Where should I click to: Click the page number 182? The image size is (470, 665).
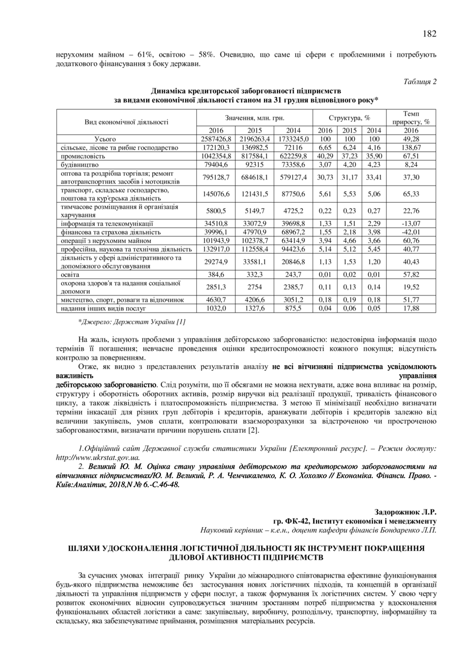(429, 34)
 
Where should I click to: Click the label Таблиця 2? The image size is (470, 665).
(420, 82)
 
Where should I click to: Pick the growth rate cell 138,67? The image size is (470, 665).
(411, 147)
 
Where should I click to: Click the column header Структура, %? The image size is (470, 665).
(349, 117)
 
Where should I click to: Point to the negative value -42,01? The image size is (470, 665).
(411, 232)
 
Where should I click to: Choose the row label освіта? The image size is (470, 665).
(70, 274)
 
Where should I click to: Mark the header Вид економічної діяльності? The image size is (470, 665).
(126, 122)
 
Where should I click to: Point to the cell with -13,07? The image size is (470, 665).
(411, 224)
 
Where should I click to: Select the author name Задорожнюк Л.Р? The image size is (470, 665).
(405, 512)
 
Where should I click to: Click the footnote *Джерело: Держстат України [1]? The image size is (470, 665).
(132, 321)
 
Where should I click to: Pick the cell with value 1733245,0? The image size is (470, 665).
(293, 139)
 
